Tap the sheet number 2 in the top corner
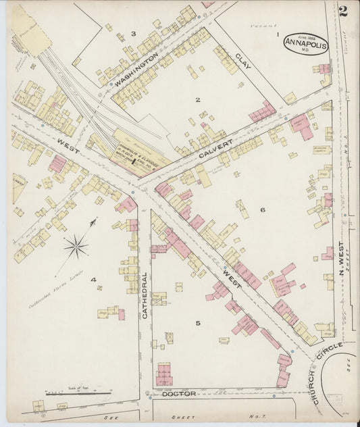(x=344, y=11)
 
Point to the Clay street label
(x=244, y=63)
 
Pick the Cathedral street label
(x=145, y=295)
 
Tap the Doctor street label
(x=178, y=393)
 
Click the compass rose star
(x=76, y=245)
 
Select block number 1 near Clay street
(x=277, y=33)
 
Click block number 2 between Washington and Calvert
(x=197, y=100)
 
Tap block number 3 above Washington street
(x=133, y=33)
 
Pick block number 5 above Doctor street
(x=198, y=324)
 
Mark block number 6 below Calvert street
(x=262, y=209)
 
